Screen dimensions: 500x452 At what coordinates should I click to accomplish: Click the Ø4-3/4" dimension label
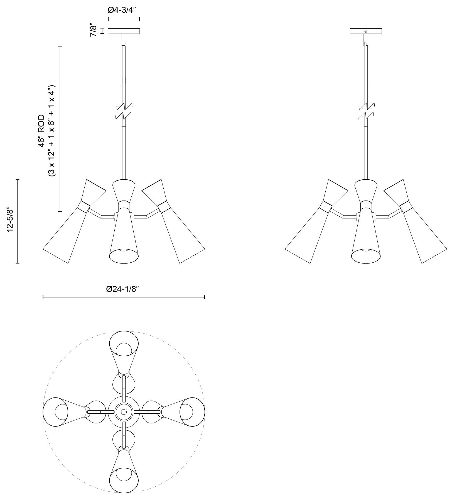click(x=124, y=10)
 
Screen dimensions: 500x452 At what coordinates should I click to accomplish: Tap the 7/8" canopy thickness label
click(x=94, y=31)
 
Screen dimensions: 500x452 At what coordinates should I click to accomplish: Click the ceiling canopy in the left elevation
click(x=124, y=31)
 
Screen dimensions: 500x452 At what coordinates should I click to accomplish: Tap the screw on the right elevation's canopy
click(x=366, y=31)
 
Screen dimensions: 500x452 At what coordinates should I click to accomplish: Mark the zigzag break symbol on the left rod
click(x=124, y=111)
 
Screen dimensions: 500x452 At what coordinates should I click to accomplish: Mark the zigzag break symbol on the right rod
click(x=366, y=111)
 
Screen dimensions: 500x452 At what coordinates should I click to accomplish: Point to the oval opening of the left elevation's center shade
click(x=124, y=255)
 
